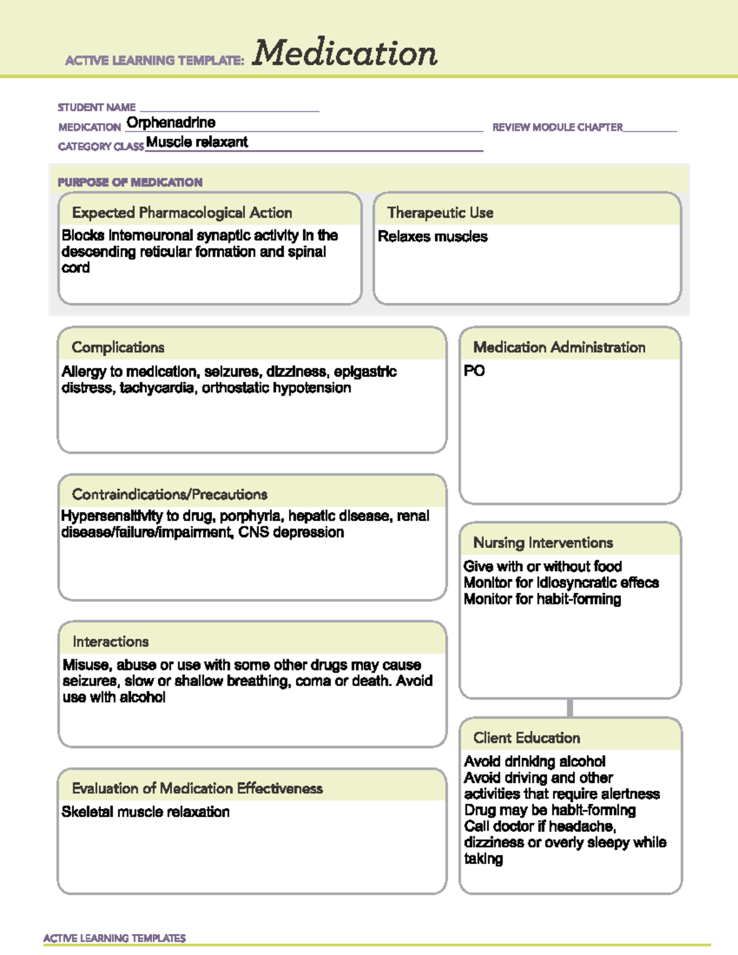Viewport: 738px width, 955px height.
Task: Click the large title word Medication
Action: (x=344, y=53)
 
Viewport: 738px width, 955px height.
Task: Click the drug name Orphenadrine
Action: (x=171, y=122)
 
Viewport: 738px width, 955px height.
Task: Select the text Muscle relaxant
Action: (x=197, y=142)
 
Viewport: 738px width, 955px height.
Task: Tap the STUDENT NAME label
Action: (x=97, y=108)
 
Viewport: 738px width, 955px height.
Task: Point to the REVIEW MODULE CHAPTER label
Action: (x=557, y=127)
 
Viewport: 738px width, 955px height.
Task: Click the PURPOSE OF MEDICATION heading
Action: (x=130, y=182)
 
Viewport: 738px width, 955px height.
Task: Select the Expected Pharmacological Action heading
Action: (x=182, y=213)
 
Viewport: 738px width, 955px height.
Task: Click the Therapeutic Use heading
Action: (x=440, y=213)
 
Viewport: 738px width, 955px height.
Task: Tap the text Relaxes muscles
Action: (x=432, y=237)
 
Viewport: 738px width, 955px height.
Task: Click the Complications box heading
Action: (x=118, y=347)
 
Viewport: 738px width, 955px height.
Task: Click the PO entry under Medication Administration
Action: (x=474, y=371)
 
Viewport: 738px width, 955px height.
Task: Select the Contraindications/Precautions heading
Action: (x=170, y=494)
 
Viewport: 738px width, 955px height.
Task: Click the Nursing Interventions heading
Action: (x=543, y=543)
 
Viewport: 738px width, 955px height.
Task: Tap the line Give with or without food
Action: (x=542, y=566)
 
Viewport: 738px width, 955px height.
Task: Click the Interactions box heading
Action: (x=111, y=642)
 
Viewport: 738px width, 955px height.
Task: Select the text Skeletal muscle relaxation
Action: (x=146, y=812)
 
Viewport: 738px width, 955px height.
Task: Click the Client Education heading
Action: (x=526, y=738)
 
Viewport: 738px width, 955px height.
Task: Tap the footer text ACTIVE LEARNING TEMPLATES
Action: (x=114, y=938)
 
